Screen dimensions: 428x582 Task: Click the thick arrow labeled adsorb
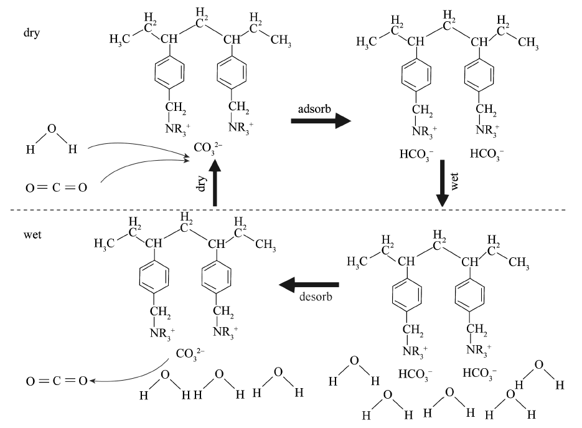[x=321, y=121]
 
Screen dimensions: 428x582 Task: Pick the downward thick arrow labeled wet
[x=442, y=184]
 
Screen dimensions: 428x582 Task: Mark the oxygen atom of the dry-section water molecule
[x=52, y=130]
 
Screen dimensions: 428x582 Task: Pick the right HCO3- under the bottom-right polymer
[x=480, y=374]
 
